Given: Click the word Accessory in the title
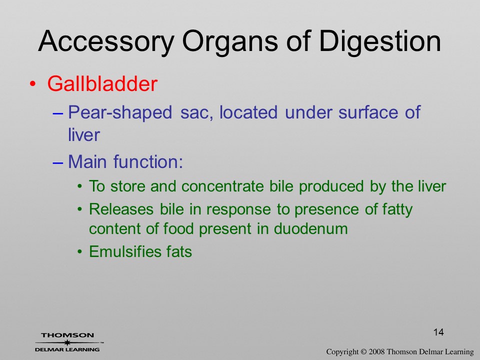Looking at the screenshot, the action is [x=106, y=41].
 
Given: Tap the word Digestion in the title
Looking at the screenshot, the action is [x=380, y=41].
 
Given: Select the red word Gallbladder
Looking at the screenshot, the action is [x=102, y=83].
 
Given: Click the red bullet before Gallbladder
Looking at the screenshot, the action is [x=33, y=83].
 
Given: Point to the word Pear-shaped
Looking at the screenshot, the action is [x=120, y=112].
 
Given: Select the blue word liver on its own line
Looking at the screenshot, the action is [x=84, y=134].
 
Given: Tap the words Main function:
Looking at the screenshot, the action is [x=125, y=161].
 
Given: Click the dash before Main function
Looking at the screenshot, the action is [x=57, y=162].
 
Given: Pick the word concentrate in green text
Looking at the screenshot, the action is [x=222, y=186].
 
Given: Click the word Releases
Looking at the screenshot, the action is [x=121, y=209].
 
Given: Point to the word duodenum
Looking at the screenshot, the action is [x=310, y=228].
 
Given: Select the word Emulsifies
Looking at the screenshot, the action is [x=125, y=251].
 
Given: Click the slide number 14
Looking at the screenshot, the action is [x=438, y=332].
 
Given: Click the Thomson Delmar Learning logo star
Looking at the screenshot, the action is [x=66, y=342].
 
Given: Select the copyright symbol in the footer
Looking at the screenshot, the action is [x=363, y=352].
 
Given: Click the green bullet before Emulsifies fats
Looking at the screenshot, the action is [x=80, y=252].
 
